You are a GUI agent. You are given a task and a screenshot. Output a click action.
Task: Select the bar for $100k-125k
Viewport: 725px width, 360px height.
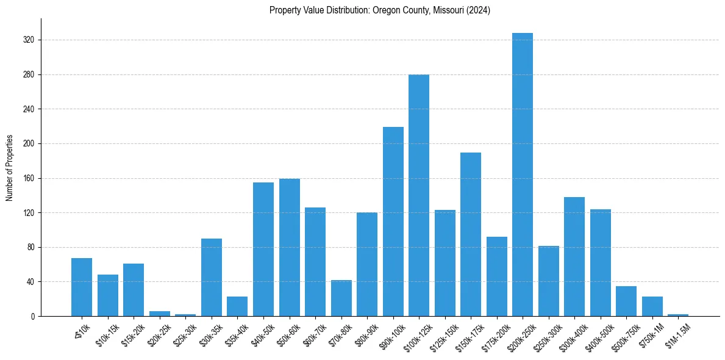[419, 195]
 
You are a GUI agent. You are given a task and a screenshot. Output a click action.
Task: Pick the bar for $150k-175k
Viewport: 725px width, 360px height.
[471, 234]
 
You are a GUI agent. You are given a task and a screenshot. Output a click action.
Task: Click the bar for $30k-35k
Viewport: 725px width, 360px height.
[211, 277]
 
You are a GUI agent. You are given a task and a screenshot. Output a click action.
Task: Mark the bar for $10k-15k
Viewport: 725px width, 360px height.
[107, 295]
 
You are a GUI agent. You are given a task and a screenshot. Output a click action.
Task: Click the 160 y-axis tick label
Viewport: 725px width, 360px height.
[30, 179]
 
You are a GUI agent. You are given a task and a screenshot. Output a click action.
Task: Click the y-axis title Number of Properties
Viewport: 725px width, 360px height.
[10, 168]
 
